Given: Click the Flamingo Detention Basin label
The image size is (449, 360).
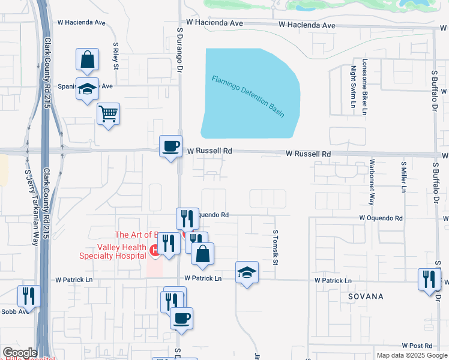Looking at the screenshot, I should click(247, 96).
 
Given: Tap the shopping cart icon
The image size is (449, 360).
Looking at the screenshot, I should click(108, 113).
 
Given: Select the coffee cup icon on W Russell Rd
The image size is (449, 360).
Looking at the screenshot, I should click(171, 146).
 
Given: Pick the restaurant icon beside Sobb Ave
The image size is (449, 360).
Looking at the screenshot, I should click(28, 295).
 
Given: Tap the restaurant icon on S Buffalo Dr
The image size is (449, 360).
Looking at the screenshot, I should click(430, 279).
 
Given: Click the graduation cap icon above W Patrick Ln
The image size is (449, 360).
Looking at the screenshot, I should click(247, 272).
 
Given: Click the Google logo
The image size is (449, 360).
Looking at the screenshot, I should click(19, 353).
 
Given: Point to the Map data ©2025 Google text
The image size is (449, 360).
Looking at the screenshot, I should click(411, 355).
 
